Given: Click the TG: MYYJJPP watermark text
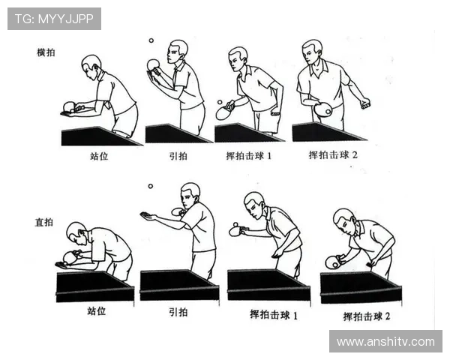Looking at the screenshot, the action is [x=54, y=19].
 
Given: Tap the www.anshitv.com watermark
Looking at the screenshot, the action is [x=385, y=342].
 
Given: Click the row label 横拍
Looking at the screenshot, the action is [x=46, y=52].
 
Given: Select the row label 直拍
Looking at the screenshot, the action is [x=44, y=222].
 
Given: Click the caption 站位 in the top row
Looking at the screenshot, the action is [x=99, y=156].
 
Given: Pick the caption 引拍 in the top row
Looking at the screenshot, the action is [x=178, y=156].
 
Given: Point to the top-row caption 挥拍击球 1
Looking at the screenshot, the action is [x=248, y=156].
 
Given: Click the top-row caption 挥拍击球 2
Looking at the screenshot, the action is [x=333, y=155].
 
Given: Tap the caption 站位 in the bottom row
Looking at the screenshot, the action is [x=97, y=311].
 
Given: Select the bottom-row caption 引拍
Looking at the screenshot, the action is [x=178, y=312].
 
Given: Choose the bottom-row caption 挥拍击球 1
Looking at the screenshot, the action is [x=274, y=315].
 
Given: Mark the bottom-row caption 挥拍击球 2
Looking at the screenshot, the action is [x=367, y=316].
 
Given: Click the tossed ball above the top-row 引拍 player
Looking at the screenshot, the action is [x=151, y=40].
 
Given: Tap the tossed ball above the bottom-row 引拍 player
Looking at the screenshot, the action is [x=151, y=186].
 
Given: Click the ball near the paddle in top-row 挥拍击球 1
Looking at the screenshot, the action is [x=220, y=102].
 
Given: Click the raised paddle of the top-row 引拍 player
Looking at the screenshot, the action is [x=153, y=65].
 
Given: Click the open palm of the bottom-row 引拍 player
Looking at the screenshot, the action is [x=148, y=216].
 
